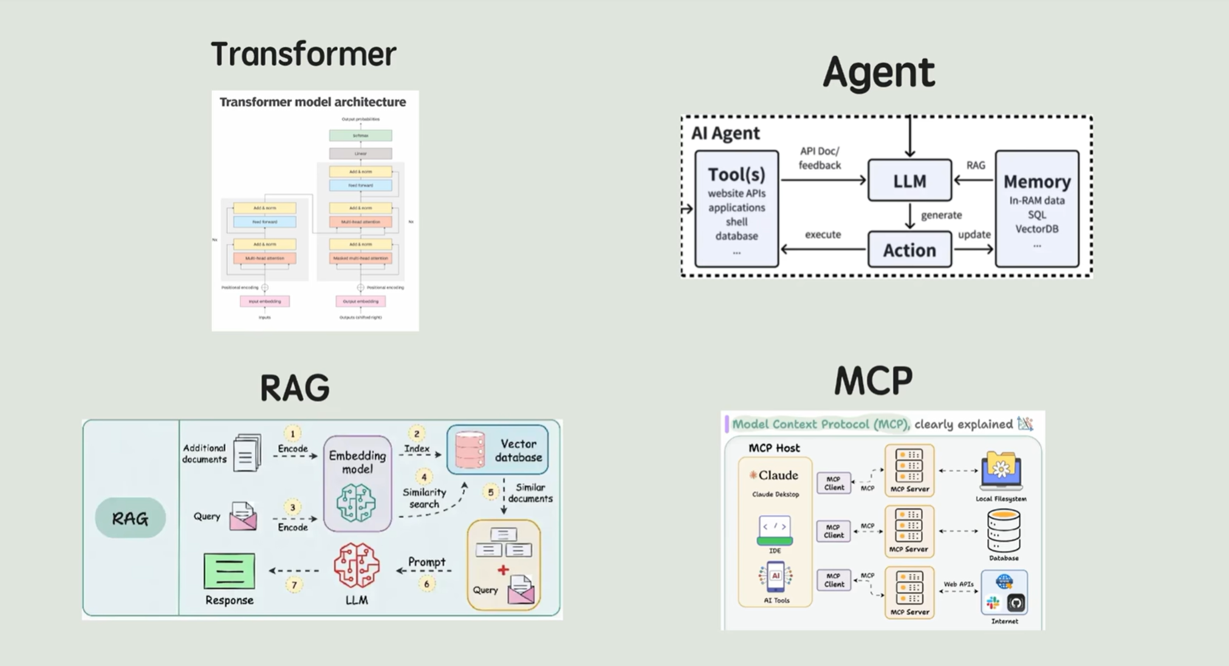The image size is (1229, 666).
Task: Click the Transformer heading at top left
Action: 303,54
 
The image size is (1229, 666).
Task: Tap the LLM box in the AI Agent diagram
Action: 909,180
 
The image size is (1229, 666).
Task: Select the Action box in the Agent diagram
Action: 909,250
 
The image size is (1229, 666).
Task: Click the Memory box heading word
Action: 1036,182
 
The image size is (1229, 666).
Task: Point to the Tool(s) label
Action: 736,175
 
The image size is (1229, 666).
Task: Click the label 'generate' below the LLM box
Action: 941,215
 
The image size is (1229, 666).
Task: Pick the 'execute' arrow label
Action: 823,234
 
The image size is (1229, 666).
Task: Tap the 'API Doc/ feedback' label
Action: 820,158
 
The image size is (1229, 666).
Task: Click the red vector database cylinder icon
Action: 470,450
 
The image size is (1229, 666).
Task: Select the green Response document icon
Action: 229,571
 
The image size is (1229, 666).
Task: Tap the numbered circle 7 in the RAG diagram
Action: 295,585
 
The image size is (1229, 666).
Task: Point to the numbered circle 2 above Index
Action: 416,433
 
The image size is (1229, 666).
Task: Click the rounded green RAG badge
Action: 130,518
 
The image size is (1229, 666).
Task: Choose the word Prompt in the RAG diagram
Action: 426,562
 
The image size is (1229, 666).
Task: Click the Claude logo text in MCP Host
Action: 774,475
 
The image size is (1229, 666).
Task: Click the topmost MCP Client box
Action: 834,483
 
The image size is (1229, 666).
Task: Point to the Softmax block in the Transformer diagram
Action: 360,135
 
